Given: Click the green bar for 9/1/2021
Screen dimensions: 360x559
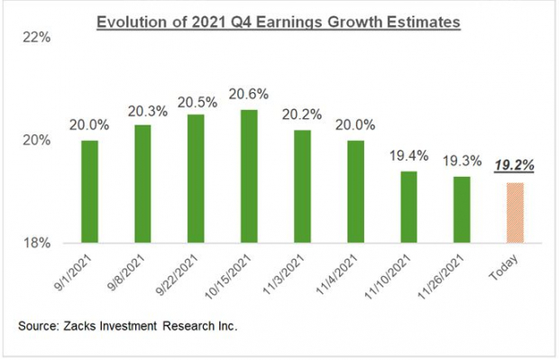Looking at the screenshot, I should click(89, 191).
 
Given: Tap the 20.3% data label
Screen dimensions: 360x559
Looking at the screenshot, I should click(141, 112).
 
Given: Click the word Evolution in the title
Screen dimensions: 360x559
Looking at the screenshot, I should click(149, 22).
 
